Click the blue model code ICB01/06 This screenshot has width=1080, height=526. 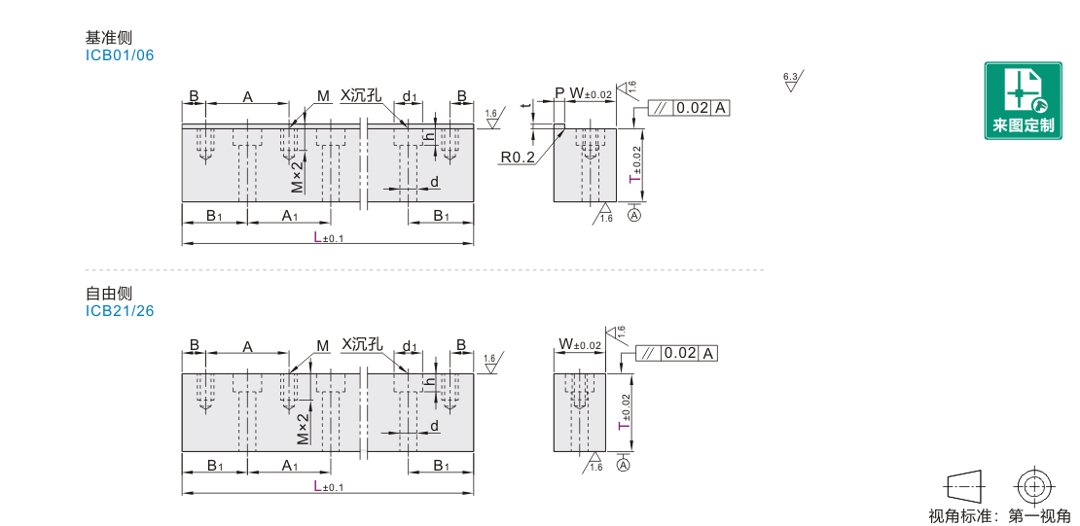pos(120,55)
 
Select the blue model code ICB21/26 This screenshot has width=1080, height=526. pos(120,311)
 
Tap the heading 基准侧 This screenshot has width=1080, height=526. pos(109,38)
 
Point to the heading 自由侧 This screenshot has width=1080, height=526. pos(109,294)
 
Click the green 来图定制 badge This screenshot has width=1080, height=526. pos(1023,100)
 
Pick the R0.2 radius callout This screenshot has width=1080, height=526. pos(518,158)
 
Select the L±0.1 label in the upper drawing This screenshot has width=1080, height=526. pos(329,237)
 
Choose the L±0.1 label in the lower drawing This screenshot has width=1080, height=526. pos(329,487)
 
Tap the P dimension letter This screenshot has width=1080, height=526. pos(559,93)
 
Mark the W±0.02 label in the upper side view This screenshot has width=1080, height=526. pos(591,93)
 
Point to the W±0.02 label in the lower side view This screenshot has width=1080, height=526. pos(579,343)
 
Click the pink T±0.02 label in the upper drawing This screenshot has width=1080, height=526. pos(636,165)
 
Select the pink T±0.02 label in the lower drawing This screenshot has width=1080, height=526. pos(625,415)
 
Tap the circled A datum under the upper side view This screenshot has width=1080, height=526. pos(634,216)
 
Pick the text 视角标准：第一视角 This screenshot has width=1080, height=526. pos(1000,515)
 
